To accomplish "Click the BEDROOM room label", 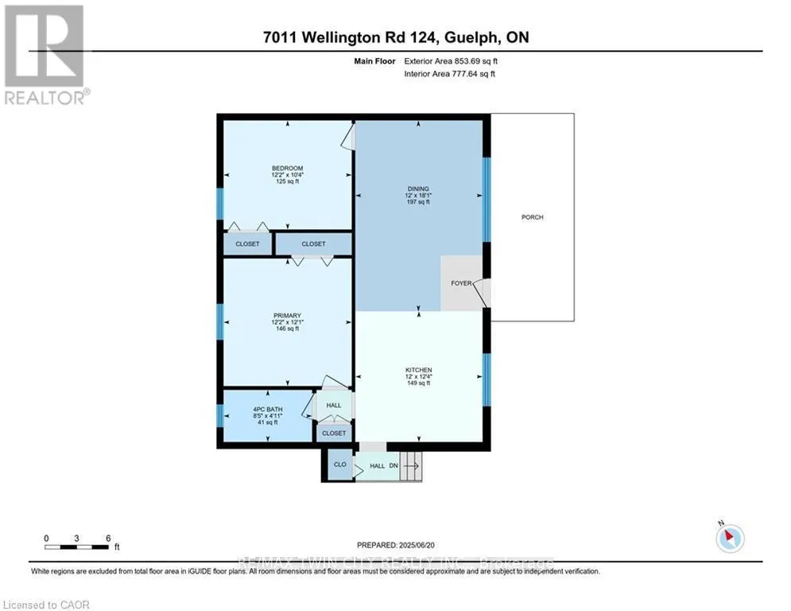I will click(287, 168).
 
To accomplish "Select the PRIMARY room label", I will click(287, 316).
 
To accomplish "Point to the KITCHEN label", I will click(418, 370).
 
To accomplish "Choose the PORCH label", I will click(532, 217).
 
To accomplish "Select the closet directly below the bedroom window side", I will click(247, 243).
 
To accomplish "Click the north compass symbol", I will click(728, 538).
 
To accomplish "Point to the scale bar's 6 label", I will click(107, 537).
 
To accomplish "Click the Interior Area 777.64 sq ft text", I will click(449, 73).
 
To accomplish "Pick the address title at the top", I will click(395, 37).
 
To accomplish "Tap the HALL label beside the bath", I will click(334, 406).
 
